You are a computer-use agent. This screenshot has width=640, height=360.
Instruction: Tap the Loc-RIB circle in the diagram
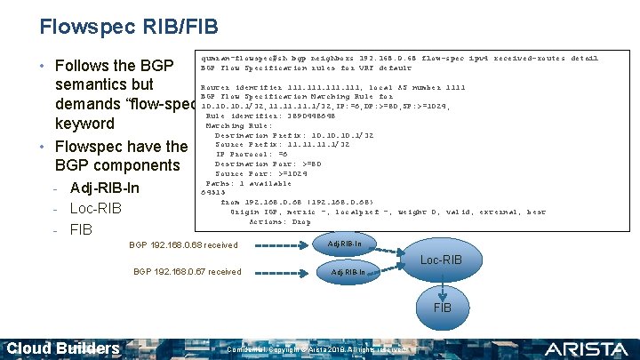[441, 260]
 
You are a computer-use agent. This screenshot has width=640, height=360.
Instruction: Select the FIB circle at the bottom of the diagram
[442, 307]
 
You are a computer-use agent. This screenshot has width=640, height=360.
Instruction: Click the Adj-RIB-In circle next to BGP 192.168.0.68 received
[345, 244]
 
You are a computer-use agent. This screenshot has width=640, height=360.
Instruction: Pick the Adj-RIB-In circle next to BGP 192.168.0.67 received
[348, 271]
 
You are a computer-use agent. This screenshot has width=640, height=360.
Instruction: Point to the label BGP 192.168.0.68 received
[183, 244]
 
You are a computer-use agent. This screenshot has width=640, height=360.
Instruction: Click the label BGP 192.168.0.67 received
[187, 271]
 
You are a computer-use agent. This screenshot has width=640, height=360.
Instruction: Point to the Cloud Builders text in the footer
[63, 348]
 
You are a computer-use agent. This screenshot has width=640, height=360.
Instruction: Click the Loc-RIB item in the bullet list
[95, 209]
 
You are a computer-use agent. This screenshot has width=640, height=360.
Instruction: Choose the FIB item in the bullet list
[82, 229]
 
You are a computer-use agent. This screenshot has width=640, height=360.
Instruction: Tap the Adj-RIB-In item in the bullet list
[104, 188]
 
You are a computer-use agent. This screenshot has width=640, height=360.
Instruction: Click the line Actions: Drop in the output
[279, 221]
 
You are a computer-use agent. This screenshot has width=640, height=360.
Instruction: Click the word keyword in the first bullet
[84, 124]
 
